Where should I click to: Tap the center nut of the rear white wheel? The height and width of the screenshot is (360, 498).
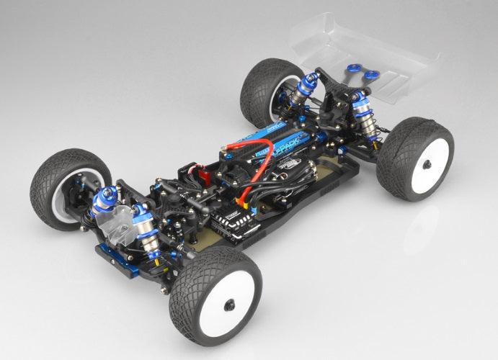tap(427, 165)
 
